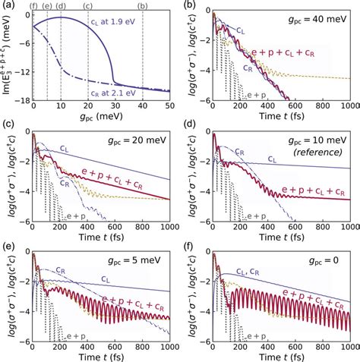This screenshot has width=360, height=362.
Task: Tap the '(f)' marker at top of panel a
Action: tap(33, 7)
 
